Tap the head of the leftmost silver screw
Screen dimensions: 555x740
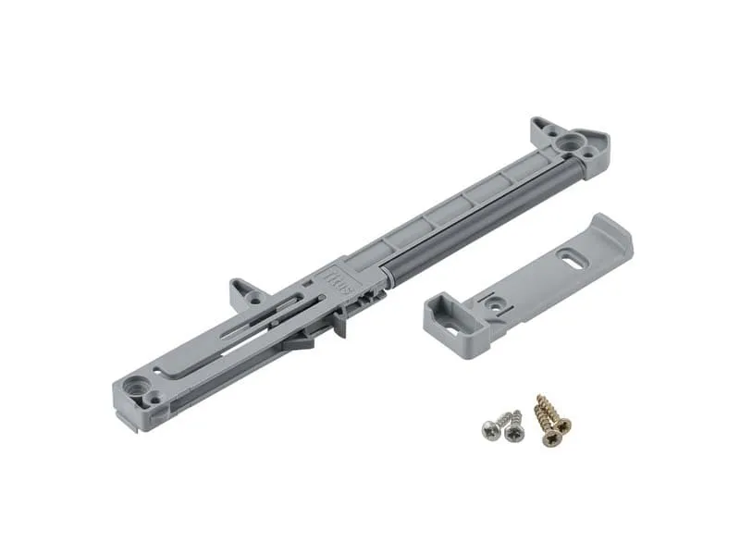click(487, 427)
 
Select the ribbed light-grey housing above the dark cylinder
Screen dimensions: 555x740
click(444, 205)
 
